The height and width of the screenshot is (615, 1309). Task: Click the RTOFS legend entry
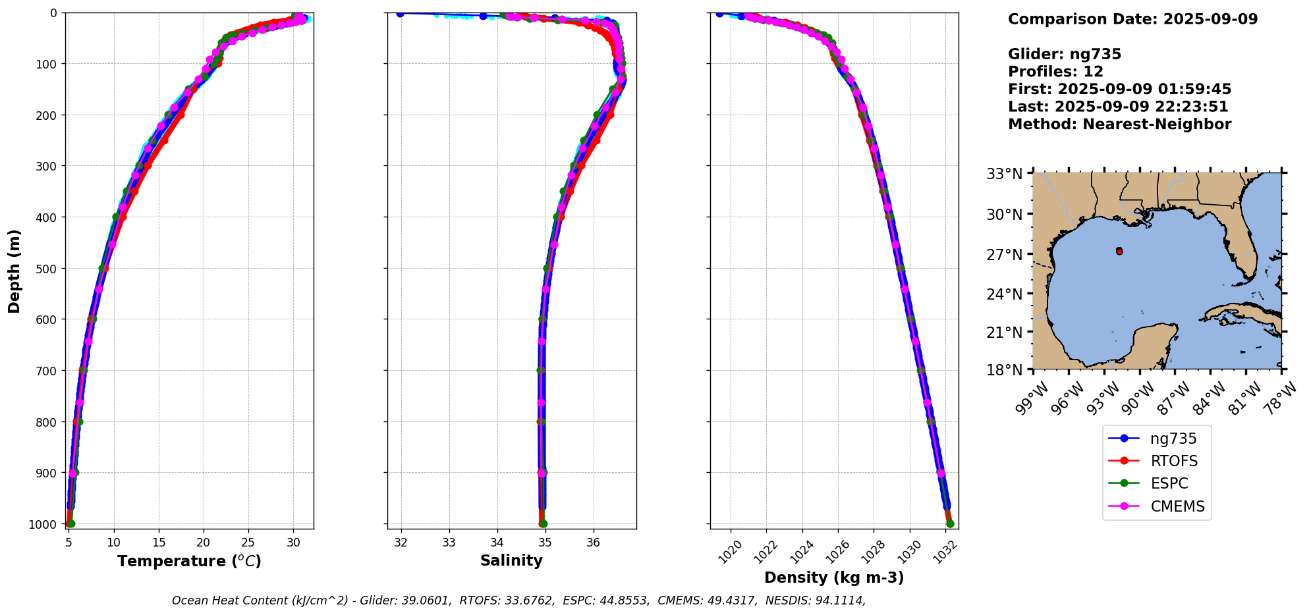pyautogui.click(x=1173, y=461)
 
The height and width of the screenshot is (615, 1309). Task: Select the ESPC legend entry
pyautogui.click(x=1169, y=483)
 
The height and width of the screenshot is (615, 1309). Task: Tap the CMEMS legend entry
pyautogui.click(x=1177, y=506)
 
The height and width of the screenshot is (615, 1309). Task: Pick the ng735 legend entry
pyautogui.click(x=1173, y=439)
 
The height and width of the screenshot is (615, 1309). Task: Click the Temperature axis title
pyautogui.click(x=189, y=561)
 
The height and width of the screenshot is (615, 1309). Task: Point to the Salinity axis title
pyautogui.click(x=511, y=560)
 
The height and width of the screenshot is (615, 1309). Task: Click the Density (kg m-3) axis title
pyautogui.click(x=834, y=577)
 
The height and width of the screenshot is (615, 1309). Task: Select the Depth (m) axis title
pyautogui.click(x=14, y=271)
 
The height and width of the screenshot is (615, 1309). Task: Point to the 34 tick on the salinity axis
pyautogui.click(x=497, y=543)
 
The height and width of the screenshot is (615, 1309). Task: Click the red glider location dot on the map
pyautogui.click(x=1119, y=252)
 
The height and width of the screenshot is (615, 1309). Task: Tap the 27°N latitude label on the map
pyautogui.click(x=1004, y=254)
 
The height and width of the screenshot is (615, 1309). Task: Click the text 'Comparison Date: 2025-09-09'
pyautogui.click(x=1132, y=19)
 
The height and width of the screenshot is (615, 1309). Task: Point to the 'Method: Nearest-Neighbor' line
pyautogui.click(x=1119, y=124)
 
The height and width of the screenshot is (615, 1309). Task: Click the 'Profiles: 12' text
pyautogui.click(x=1055, y=72)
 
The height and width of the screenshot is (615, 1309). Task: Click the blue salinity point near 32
pyautogui.click(x=400, y=13)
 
